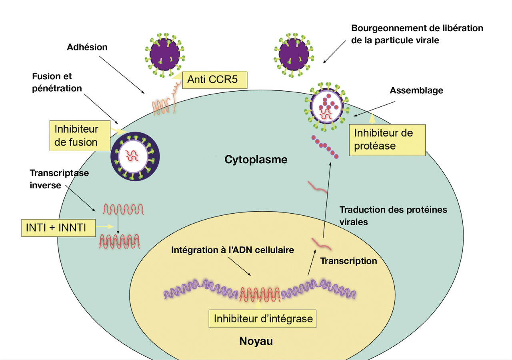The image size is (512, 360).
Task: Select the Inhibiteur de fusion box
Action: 76,136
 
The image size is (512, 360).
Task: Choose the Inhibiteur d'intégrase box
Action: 263,319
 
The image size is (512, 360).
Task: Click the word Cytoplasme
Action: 256,160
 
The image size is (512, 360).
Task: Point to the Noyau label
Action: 256,341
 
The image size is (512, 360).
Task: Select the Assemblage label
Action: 416,90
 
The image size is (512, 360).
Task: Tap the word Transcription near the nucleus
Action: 349,261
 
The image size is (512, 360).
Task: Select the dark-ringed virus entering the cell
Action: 135,156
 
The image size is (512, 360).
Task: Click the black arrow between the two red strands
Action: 118,225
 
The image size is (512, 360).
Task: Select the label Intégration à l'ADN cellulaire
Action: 233,250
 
